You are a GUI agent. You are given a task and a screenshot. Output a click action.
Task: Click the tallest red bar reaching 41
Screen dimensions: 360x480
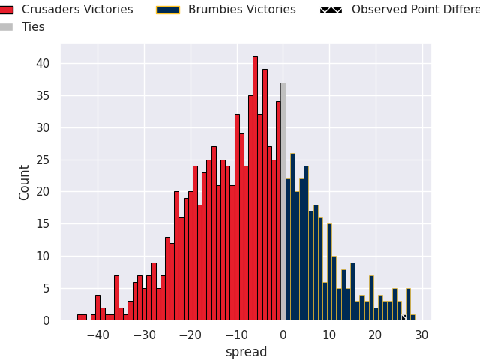coord(255,187)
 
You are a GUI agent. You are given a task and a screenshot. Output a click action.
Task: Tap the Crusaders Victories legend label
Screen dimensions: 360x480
coord(77,10)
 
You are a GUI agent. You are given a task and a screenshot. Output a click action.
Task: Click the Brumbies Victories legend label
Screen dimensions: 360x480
coord(241,10)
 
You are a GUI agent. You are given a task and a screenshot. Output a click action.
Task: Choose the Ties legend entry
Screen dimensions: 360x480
coord(33,27)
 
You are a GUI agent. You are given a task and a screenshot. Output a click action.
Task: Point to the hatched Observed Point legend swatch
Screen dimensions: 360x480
coord(331,10)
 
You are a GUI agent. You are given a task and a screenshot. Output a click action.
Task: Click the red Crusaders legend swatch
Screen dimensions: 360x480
coord(7,10)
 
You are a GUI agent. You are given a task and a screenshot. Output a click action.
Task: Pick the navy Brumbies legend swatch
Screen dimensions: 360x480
coord(167,10)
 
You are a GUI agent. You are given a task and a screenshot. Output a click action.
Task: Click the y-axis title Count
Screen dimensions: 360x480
coord(25,182)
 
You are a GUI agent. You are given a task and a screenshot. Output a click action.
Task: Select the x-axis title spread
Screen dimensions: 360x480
coord(246,352)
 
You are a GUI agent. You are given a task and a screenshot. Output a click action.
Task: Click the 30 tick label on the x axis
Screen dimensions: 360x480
coord(421,335)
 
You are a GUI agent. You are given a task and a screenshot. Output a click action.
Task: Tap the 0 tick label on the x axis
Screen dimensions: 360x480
coord(283,335)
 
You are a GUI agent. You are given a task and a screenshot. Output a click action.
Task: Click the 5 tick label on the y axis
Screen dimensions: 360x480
coord(46,288)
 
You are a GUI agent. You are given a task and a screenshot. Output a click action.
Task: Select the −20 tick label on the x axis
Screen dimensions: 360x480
coord(190,335)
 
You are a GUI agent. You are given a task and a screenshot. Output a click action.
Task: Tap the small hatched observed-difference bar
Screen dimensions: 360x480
coord(403,317)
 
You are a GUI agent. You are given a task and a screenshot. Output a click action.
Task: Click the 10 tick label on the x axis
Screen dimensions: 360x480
coord(329,335)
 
